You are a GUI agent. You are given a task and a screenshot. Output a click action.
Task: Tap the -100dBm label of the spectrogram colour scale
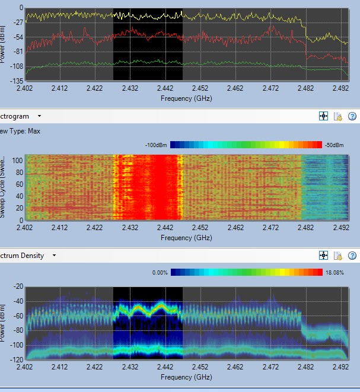click(157, 145)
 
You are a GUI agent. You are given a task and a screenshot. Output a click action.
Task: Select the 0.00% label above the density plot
click(160, 273)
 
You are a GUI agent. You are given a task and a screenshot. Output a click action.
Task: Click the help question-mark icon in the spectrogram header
click(352, 117)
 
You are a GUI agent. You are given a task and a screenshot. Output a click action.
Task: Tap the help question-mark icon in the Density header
click(352, 256)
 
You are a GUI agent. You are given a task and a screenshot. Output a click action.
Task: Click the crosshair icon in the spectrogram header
click(324, 117)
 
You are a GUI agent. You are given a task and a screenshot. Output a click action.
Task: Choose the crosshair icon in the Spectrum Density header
click(324, 256)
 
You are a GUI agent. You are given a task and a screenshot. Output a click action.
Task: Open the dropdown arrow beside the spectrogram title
click(39, 117)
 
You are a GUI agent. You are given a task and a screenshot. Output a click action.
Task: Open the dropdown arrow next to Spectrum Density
click(54, 256)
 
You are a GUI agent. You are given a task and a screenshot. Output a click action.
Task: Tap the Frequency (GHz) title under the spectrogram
click(186, 237)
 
